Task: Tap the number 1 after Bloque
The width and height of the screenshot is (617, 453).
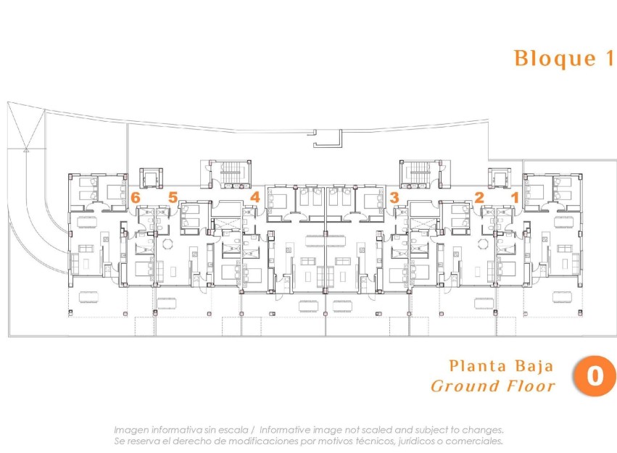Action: click(608, 59)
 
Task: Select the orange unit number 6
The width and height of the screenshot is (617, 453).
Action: click(136, 196)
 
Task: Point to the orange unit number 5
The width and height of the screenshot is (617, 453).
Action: click(173, 196)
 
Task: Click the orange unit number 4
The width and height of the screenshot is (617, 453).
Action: click(254, 196)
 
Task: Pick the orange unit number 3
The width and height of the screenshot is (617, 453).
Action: click(394, 196)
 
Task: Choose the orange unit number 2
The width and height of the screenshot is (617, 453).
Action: click(479, 196)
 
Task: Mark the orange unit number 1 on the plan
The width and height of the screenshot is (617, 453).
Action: click(515, 196)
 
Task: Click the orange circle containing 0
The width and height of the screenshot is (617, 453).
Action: click(595, 375)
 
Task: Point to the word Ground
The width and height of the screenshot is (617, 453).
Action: click(464, 386)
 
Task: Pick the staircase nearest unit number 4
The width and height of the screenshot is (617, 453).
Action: click(230, 173)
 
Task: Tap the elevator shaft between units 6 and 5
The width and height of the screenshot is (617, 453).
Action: click(152, 177)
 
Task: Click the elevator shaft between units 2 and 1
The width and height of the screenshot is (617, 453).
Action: click(498, 177)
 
